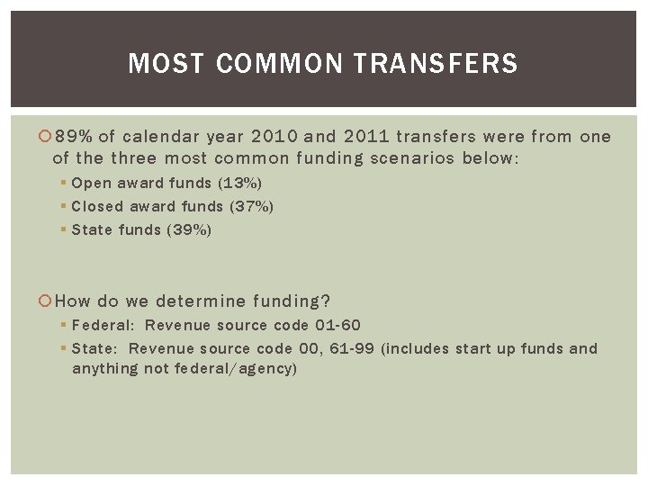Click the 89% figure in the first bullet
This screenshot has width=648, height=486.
coord(74,137)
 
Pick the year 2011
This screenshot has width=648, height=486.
coord(364,137)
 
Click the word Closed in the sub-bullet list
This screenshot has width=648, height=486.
coord(99,206)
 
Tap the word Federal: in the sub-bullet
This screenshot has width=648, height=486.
coord(102,325)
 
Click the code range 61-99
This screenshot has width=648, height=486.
coord(352,348)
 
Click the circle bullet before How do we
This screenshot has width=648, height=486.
coord(47,301)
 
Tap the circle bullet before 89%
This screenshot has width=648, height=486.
coord(47,138)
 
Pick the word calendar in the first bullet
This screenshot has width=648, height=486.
coord(158,137)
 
